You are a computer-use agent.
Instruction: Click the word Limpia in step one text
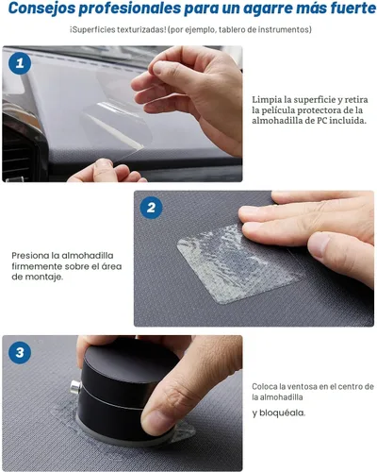[x=269, y=98]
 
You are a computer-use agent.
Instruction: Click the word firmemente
[x=42, y=266]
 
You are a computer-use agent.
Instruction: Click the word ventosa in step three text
[x=300, y=386]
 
